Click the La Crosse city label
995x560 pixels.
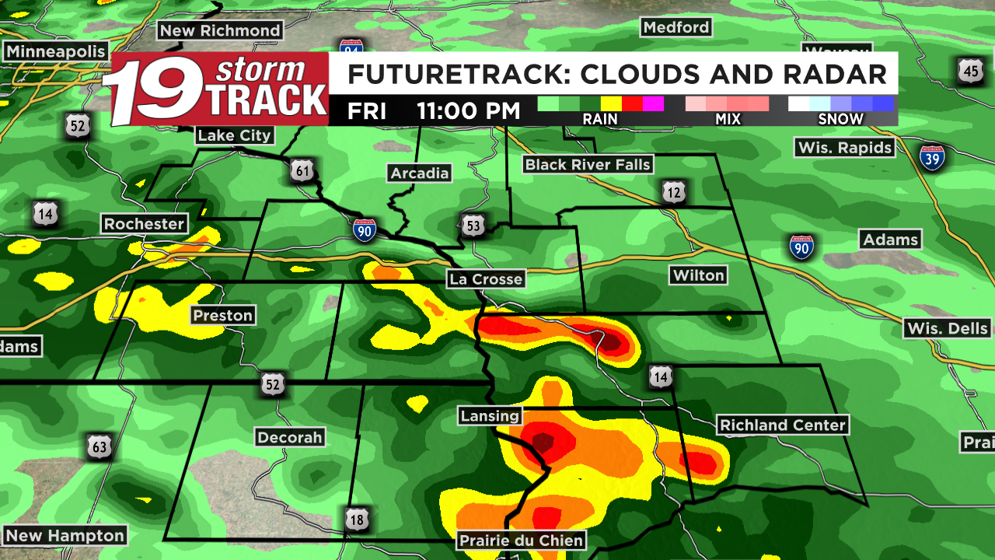[485, 279]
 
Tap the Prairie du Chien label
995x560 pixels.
[521, 540]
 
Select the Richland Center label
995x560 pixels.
[782, 425]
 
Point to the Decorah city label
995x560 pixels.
[290, 438]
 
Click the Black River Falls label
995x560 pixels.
[587, 164]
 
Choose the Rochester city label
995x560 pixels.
[145, 224]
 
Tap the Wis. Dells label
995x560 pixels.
[948, 328]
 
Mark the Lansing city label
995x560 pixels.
[489, 415]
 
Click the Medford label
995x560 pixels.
[676, 27]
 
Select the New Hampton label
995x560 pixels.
[65, 536]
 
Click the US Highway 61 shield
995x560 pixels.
[302, 170]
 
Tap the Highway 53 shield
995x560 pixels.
[473, 226]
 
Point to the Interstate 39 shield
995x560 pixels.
[932, 158]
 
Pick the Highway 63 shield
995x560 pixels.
[99, 447]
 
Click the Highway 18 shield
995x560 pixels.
[357, 518]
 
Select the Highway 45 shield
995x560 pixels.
[970, 72]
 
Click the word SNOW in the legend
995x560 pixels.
[840, 119]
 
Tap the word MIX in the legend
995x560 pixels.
[728, 119]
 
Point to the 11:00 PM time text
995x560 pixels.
[468, 110]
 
